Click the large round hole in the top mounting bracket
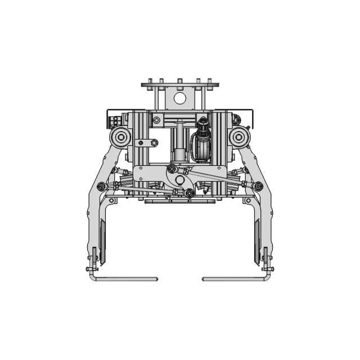coord(179,98)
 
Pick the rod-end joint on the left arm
coord(101,186)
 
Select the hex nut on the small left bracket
coord(152,143)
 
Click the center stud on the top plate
coord(179,82)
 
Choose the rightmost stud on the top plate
coord(210,82)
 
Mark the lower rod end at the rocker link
coord(190,193)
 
